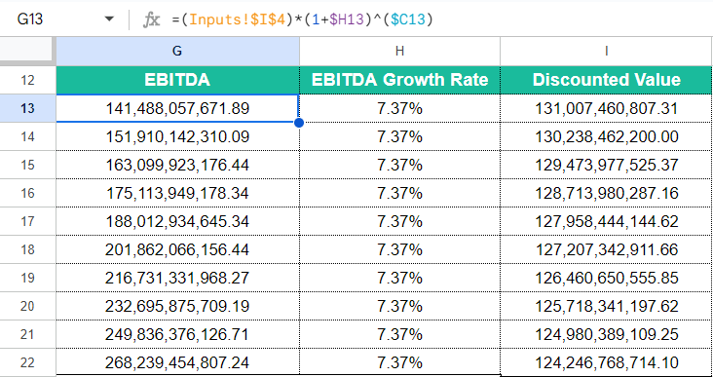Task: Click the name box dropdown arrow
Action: tap(109, 19)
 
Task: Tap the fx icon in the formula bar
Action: tap(151, 19)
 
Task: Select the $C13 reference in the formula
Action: tap(408, 19)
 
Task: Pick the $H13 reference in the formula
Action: tap(348, 19)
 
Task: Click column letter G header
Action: tap(177, 51)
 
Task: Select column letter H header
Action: tap(399, 51)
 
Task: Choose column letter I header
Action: tap(606, 51)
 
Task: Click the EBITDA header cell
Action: tap(177, 80)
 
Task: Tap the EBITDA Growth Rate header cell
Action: tap(399, 80)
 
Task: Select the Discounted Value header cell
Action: tap(606, 80)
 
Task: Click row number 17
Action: tap(27, 221)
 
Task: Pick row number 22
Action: tap(27, 362)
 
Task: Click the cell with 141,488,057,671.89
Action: tap(177, 108)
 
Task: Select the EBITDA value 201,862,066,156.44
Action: tap(177, 249)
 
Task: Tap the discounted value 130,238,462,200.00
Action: tap(606, 136)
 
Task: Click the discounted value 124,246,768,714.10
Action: tap(606, 362)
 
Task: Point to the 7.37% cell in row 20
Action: tap(399, 306)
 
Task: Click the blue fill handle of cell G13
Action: tap(299, 123)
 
